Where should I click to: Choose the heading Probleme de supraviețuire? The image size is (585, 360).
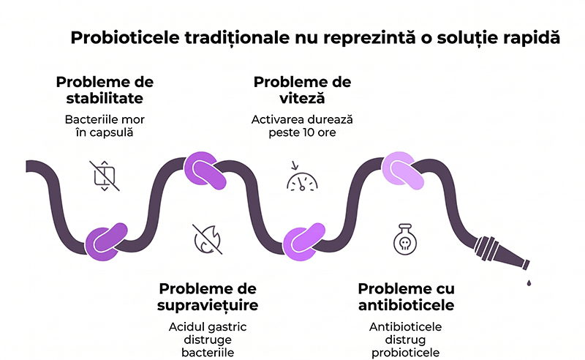(208, 296)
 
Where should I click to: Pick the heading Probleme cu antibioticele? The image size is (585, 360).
(406, 296)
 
